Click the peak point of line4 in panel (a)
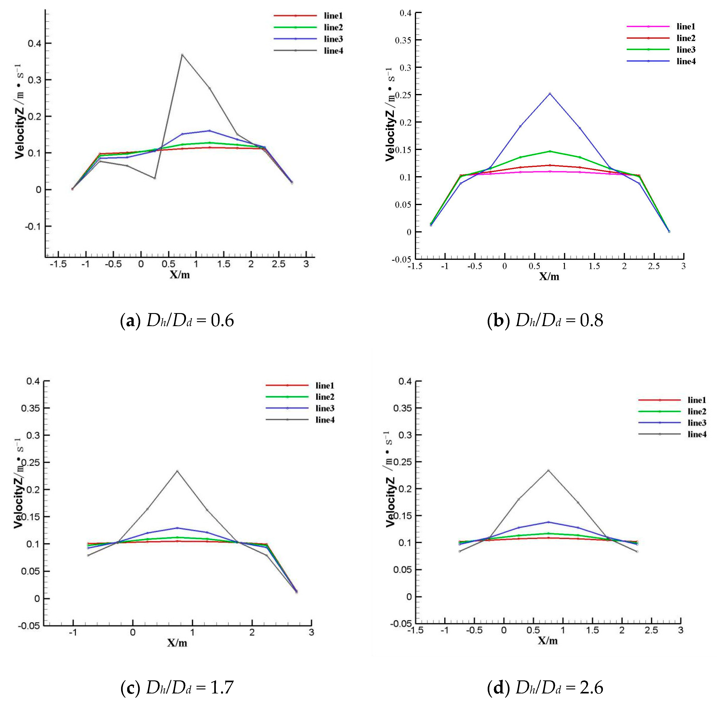[182, 54]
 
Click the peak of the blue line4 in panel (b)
[550, 93]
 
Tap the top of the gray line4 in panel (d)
[548, 470]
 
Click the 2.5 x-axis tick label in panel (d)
[651, 630]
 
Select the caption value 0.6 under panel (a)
[222, 321]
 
